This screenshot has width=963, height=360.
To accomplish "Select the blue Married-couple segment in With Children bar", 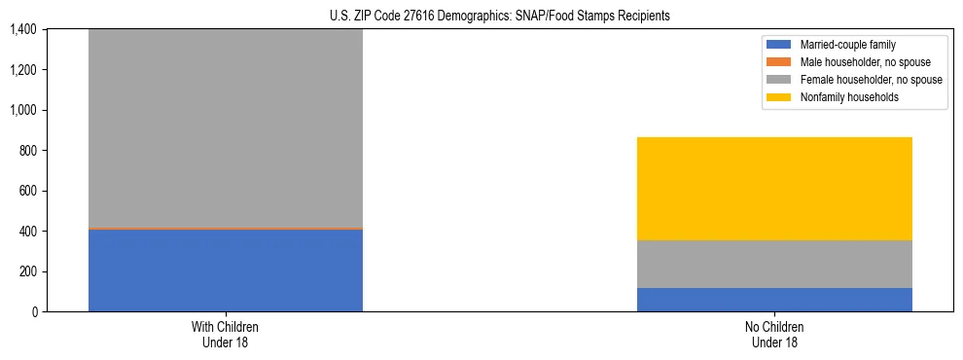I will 226,270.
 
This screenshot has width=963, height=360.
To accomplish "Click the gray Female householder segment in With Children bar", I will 226,126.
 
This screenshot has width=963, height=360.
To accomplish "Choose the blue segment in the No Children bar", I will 774,300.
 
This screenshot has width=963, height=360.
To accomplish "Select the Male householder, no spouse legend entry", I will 857,63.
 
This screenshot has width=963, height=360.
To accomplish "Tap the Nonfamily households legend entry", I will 842,98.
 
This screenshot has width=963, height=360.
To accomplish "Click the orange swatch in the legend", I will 779,63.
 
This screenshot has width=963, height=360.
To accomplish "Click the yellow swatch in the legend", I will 779,98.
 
